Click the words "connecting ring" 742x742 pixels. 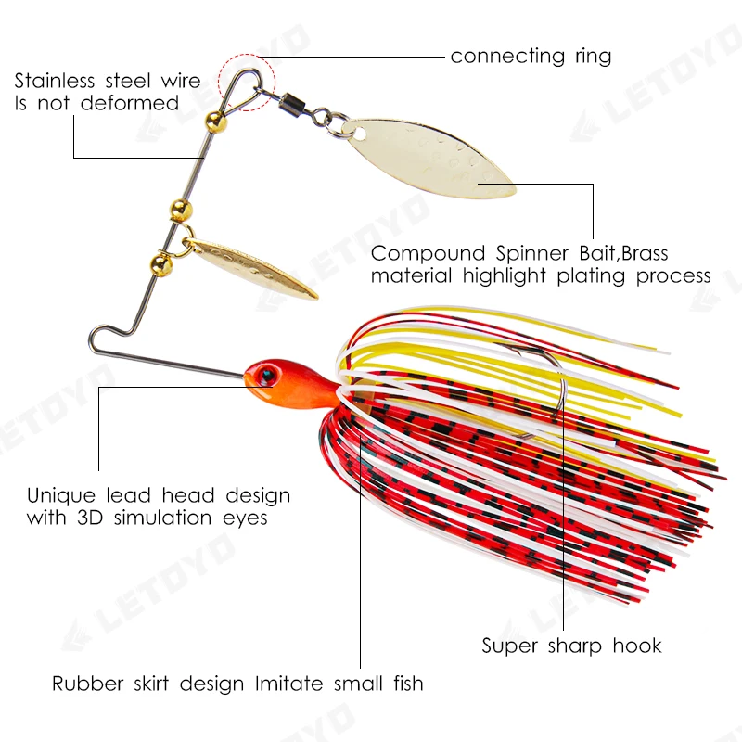(531, 57)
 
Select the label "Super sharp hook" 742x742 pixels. (571, 646)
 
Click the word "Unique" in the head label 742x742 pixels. (59, 496)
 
